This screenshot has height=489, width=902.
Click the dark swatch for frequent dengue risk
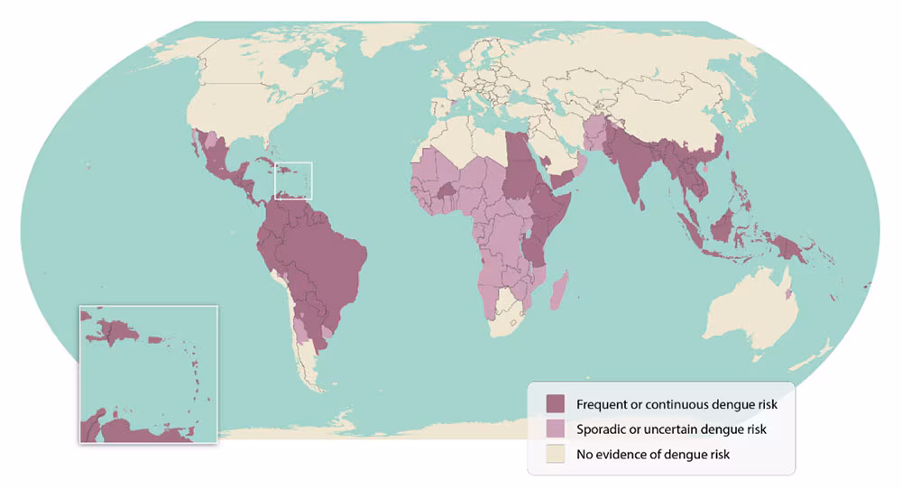click(x=557, y=404)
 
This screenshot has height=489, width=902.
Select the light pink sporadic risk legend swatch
click(x=557, y=429)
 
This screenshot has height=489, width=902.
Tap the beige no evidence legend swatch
click(x=557, y=454)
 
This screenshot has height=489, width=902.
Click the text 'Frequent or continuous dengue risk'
click(x=676, y=404)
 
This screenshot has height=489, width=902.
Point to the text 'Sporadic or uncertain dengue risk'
click(x=671, y=429)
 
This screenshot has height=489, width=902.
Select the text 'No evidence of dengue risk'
click(x=653, y=454)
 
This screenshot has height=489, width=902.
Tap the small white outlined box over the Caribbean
click(x=293, y=180)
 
